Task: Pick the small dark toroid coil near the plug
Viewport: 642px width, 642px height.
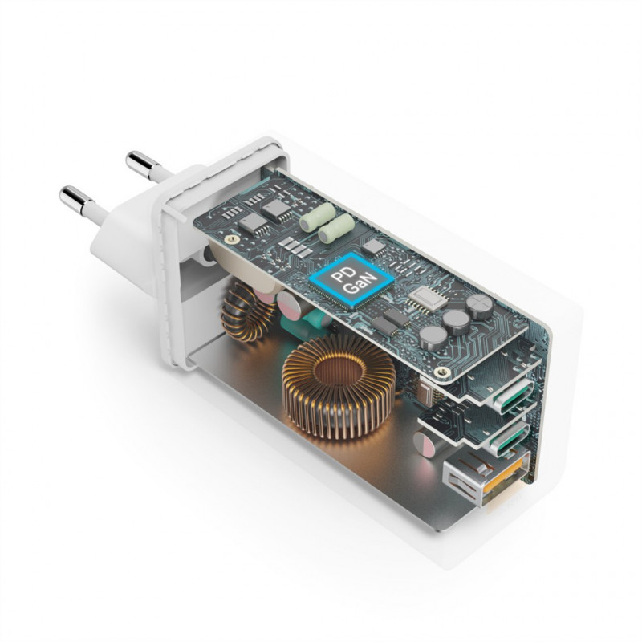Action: (x=243, y=312)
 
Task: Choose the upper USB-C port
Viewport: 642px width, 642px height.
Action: (x=513, y=393)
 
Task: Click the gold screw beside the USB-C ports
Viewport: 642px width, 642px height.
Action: (x=441, y=372)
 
